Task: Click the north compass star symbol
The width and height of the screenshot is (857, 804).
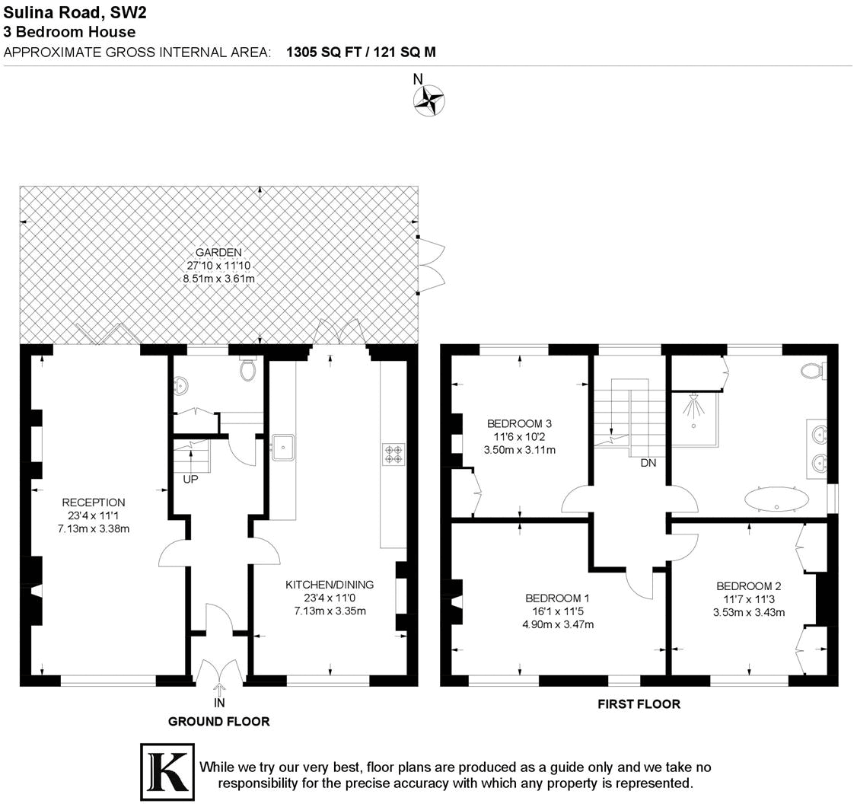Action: tap(428, 100)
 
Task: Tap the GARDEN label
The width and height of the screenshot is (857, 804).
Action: tap(218, 253)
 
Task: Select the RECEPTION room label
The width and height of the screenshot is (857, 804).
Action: tap(93, 502)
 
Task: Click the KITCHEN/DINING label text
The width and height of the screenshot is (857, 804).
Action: tap(329, 585)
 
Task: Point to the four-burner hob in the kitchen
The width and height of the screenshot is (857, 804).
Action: tap(393, 455)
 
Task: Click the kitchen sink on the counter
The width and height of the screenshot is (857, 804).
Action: tap(283, 448)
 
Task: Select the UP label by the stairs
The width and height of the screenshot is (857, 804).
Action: tap(191, 480)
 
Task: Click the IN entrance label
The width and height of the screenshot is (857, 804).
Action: tap(219, 703)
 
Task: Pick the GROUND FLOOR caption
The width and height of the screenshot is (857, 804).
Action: tap(218, 721)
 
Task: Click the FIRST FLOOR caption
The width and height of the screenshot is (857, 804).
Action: tap(639, 704)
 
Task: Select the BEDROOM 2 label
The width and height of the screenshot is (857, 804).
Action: tap(748, 586)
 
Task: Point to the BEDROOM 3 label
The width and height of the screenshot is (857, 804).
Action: tap(519, 424)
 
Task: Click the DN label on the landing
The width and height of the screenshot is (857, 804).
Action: tap(648, 463)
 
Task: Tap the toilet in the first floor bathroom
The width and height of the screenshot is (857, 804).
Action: tap(813, 372)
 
